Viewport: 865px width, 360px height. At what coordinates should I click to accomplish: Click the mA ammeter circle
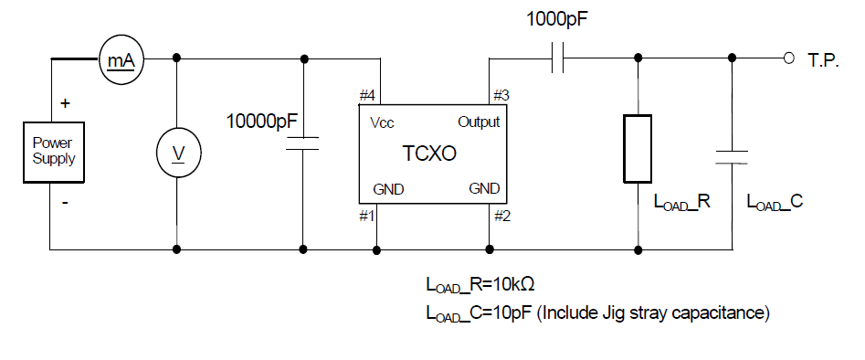[x=121, y=59]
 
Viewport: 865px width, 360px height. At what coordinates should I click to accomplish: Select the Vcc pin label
[x=383, y=122]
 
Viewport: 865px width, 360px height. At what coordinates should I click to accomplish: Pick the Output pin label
[x=478, y=122]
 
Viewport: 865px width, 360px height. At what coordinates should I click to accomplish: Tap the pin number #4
[x=367, y=94]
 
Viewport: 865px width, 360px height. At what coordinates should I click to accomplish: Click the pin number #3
[x=501, y=94]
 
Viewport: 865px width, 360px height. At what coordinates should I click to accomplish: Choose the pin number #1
[x=367, y=217]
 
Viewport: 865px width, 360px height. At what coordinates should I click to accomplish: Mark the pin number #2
[x=501, y=217]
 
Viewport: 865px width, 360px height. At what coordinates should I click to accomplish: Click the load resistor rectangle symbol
[x=638, y=148]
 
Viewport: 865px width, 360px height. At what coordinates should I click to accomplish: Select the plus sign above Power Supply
[x=65, y=102]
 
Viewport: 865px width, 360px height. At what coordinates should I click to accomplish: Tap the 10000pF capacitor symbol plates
[x=301, y=143]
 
